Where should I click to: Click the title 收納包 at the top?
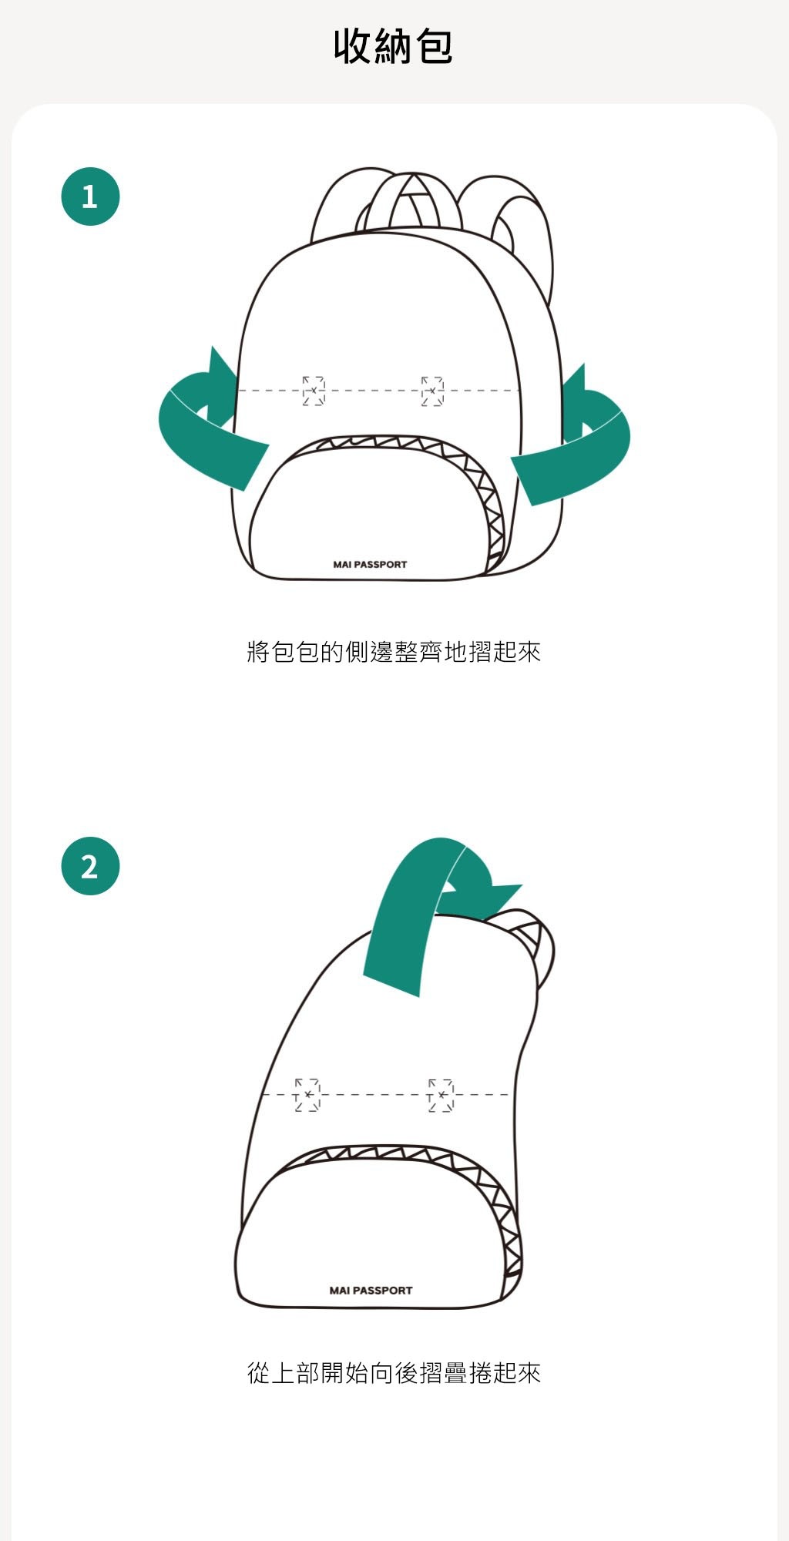pyautogui.click(x=393, y=46)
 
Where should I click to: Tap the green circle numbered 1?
pyautogui.click(x=90, y=196)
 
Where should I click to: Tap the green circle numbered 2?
pyautogui.click(x=90, y=866)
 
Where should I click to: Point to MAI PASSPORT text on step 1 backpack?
pyautogui.click(x=370, y=565)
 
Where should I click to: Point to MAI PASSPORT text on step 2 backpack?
pyautogui.click(x=371, y=1291)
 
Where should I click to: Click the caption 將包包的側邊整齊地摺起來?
pyautogui.click(x=394, y=652)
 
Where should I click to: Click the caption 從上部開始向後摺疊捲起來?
pyautogui.click(x=394, y=1372)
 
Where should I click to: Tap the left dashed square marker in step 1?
pyautogui.click(x=314, y=391)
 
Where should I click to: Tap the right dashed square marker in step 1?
pyautogui.click(x=432, y=391)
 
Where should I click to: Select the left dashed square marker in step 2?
pyautogui.click(x=307, y=1095)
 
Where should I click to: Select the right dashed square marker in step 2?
pyautogui.click(x=441, y=1095)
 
